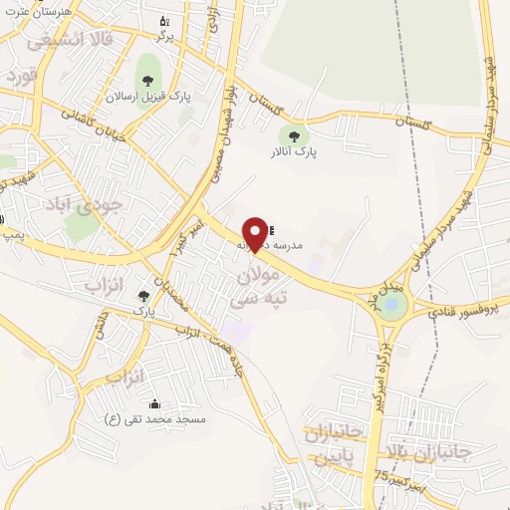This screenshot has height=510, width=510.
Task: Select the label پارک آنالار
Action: pyautogui.click(x=292, y=152)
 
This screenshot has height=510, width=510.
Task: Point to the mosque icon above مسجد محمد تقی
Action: pyautogui.click(x=154, y=404)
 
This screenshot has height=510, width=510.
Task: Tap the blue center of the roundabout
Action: pyautogui.click(x=391, y=307)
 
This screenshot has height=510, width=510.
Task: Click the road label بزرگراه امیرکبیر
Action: pyautogui.click(x=378, y=368)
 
